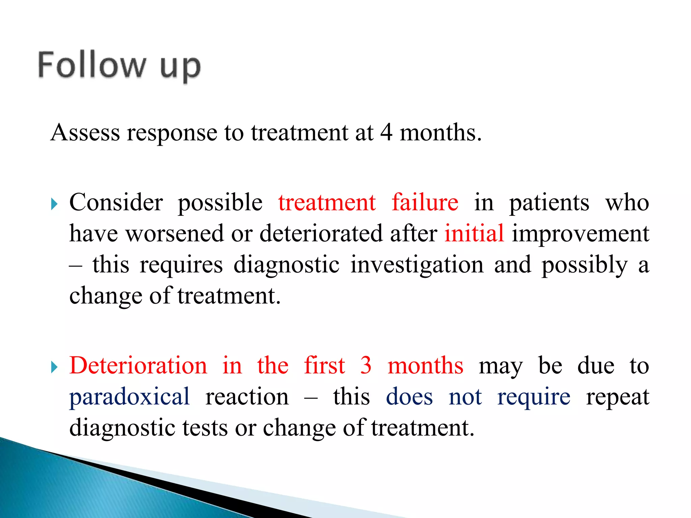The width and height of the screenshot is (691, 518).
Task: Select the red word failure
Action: point(425,203)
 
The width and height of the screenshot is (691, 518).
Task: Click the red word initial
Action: point(474,233)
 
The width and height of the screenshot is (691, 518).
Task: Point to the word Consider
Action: point(116,203)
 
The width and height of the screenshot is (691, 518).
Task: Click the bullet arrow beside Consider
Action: point(54,204)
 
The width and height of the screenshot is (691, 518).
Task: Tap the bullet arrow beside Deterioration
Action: point(54,367)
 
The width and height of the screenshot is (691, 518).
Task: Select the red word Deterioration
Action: point(138,366)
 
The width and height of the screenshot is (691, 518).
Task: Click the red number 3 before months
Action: point(366,366)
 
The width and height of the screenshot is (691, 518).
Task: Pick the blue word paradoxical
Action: point(130,397)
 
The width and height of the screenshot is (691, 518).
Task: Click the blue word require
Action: point(534,397)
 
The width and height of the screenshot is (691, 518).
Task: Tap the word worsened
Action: point(175,233)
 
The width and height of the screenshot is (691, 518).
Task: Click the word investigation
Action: point(417,265)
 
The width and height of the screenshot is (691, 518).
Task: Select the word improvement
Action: point(580,233)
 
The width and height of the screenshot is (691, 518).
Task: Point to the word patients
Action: point(549,203)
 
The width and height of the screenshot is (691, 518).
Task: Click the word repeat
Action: point(617,397)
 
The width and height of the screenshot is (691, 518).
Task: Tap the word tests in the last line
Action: point(205,428)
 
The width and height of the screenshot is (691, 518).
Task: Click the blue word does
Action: point(409,397)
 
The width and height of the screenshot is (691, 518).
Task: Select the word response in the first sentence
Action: point(172,133)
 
